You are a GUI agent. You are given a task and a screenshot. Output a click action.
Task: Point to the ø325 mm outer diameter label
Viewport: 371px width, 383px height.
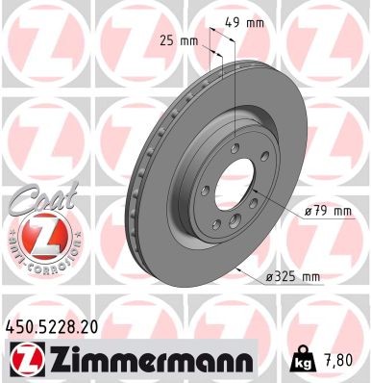292,277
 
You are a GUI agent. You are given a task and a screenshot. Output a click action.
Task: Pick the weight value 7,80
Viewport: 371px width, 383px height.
336,360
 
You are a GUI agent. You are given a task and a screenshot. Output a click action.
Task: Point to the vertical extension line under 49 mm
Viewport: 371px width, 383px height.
234,77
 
